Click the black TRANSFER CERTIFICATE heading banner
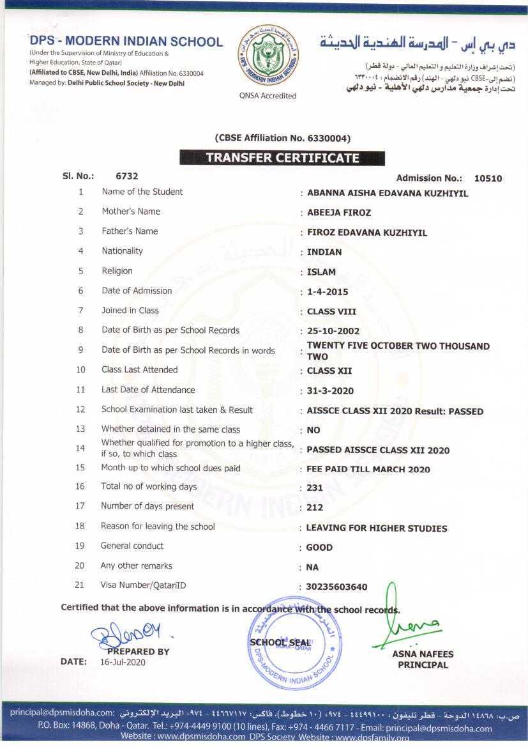pyautogui.click(x=282, y=158)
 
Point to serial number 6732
pyautogui.click(x=126, y=176)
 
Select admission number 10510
pyautogui.click(x=488, y=178)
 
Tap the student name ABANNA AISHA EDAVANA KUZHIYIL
pyautogui.click(x=388, y=193)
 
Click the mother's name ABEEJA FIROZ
pyautogui.click(x=339, y=213)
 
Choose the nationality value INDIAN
pyautogui.click(x=324, y=252)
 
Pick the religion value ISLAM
pyautogui.click(x=321, y=272)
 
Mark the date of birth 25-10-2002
pyautogui.click(x=333, y=331)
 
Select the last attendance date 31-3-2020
pyautogui.click(x=330, y=390)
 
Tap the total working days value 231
pyautogui.click(x=315, y=488)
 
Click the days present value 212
pyautogui.click(x=315, y=507)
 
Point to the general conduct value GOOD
pyautogui.click(x=319, y=547)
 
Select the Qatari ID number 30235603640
pyautogui.click(x=337, y=587)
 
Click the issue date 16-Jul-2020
pyautogui.click(x=123, y=662)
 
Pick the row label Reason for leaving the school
pyautogui.click(x=158, y=527)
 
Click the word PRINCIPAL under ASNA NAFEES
pyautogui.click(x=423, y=665)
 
